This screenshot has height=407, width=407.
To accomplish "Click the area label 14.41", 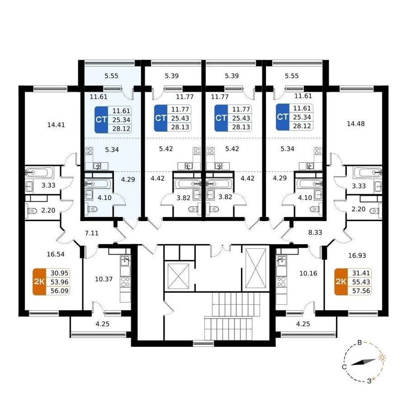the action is click(56, 125).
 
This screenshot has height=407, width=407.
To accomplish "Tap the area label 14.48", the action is click(356, 124).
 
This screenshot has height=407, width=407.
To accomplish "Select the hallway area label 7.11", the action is click(92, 233).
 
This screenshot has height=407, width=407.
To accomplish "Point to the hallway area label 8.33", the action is click(315, 232).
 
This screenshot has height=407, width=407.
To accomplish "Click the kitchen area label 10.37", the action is click(104, 279).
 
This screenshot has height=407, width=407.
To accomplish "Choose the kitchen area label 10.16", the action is click(308, 273).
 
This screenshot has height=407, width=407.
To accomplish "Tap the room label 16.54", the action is click(55, 254).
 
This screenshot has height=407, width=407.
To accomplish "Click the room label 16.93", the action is click(357, 255).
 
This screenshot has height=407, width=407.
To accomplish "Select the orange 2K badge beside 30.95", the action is click(39, 282).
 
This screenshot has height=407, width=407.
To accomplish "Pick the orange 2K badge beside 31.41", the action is click(341, 282).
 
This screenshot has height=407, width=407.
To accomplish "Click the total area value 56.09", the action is click(60, 291).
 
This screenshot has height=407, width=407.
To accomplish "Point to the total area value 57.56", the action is click(361, 291).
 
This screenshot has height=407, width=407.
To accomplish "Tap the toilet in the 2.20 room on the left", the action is click(32, 210).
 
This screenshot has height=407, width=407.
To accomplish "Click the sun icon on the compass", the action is click(382, 358).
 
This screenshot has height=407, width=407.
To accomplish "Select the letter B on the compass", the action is click(360, 343).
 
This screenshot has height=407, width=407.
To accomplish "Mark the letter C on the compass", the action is click(344, 367).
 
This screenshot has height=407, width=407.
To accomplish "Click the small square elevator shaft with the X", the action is click(179, 276).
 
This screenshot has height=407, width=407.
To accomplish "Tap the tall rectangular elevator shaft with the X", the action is click(256, 268).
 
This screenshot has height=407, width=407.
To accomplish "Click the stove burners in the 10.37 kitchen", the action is click(125, 282).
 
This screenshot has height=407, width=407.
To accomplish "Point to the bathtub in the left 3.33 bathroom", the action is click(39, 172).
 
